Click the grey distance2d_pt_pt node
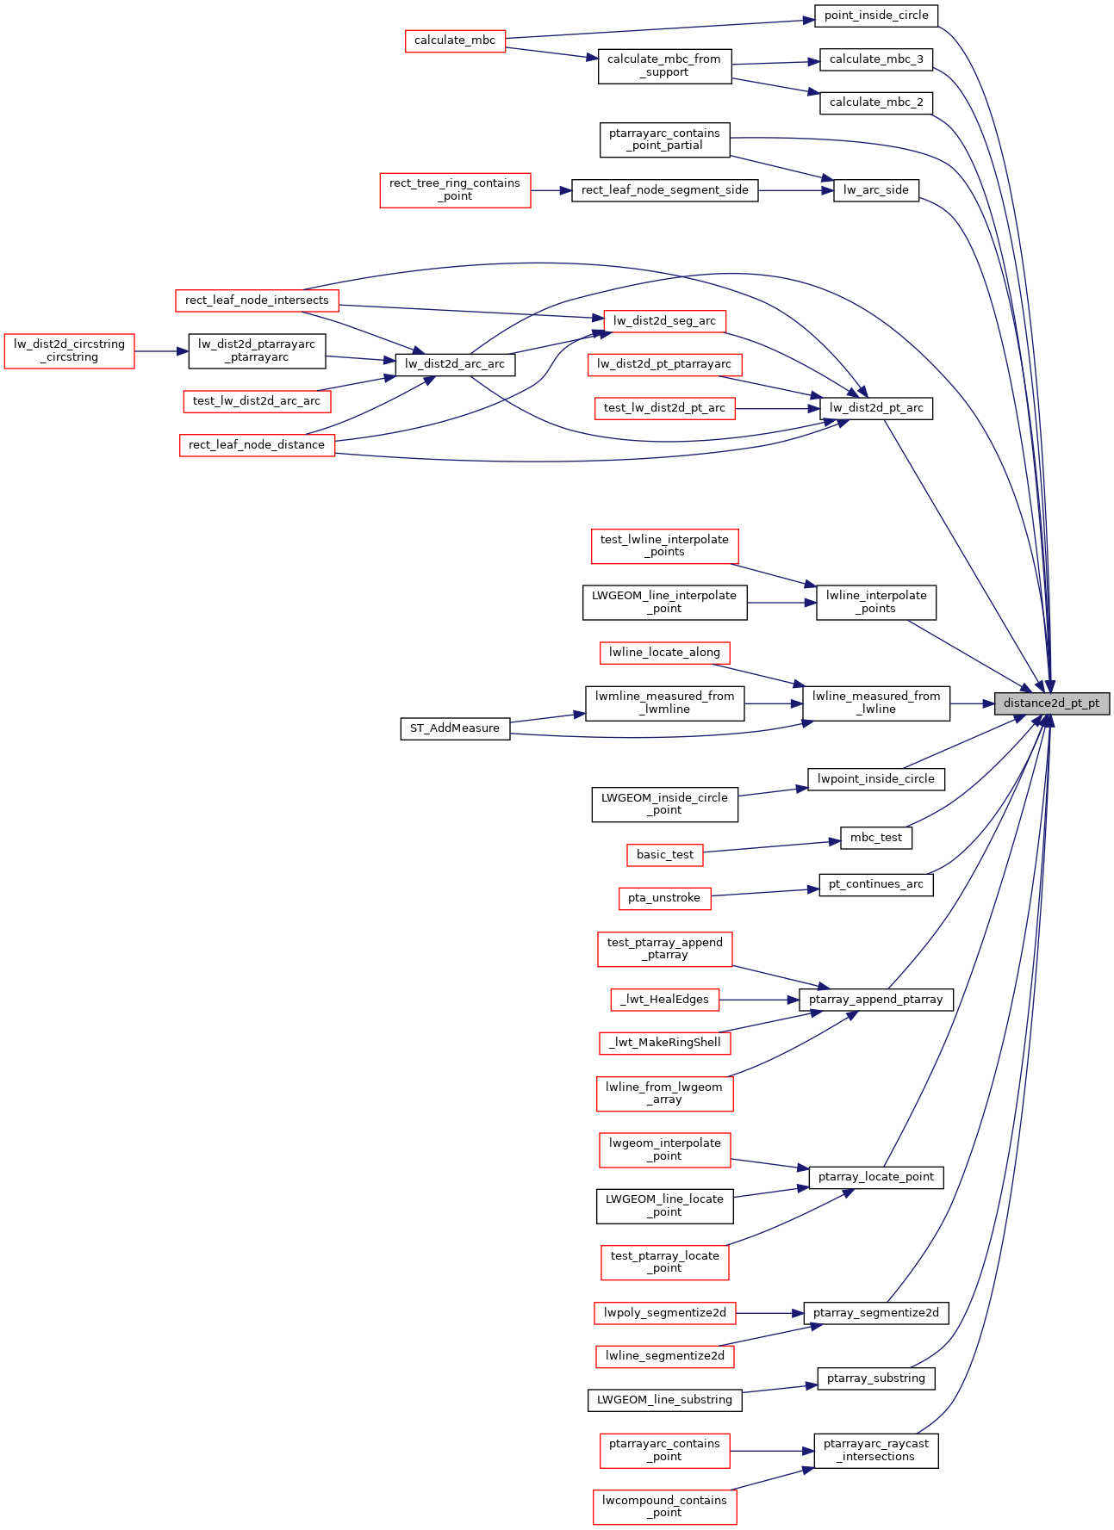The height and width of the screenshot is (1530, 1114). click(x=1051, y=703)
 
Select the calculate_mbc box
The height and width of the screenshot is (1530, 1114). click(x=455, y=40)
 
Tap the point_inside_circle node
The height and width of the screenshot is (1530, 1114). click(x=876, y=15)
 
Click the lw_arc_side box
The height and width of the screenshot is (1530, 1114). click(x=876, y=190)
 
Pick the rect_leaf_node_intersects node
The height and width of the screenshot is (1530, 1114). click(x=257, y=300)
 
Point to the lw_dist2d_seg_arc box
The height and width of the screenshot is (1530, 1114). click(x=664, y=321)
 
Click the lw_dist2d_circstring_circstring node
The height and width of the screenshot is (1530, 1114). click(x=69, y=351)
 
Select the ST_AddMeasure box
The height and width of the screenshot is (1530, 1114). click(x=455, y=728)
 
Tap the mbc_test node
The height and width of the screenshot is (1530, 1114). click(x=876, y=838)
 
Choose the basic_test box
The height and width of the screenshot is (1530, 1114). click(x=664, y=855)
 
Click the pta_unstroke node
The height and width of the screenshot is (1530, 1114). click(x=664, y=898)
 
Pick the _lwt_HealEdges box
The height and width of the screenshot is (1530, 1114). click(x=664, y=1000)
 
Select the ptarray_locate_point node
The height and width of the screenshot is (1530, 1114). click(x=876, y=1177)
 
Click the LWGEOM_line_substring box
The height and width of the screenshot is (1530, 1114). click(x=664, y=1400)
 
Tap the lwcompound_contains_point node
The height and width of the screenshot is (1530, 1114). click(x=664, y=1507)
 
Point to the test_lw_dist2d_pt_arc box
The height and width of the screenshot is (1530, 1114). click(x=664, y=408)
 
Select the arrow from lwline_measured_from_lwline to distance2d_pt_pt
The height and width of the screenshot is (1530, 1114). click(x=972, y=703)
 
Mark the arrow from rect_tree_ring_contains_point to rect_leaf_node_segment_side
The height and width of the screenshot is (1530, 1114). click(x=551, y=190)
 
